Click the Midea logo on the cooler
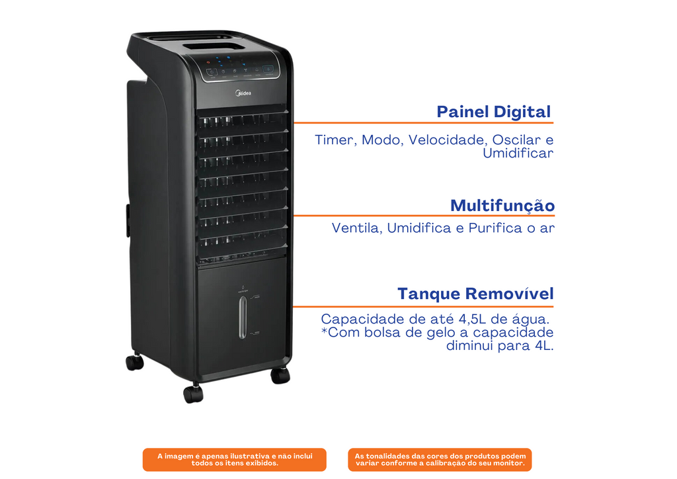pyautogui.click(x=243, y=93)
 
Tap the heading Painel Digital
pyautogui.click(x=493, y=111)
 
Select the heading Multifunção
pyautogui.click(x=502, y=206)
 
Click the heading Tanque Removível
pyautogui.click(x=475, y=294)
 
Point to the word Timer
pyautogui.click(x=335, y=140)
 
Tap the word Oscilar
pyautogui.click(x=516, y=140)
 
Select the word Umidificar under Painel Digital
pyautogui.click(x=518, y=153)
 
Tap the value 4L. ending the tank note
pyautogui.click(x=544, y=346)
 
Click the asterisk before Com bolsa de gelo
pyautogui.click(x=324, y=331)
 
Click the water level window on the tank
pyautogui.click(x=243, y=317)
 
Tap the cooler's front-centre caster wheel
pyautogui.click(x=193, y=393)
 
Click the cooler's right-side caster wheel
pyautogui.click(x=280, y=375)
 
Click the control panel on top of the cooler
pyautogui.click(x=239, y=68)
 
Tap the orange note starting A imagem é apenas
pyautogui.click(x=235, y=460)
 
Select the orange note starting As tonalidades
pyautogui.click(x=440, y=460)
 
